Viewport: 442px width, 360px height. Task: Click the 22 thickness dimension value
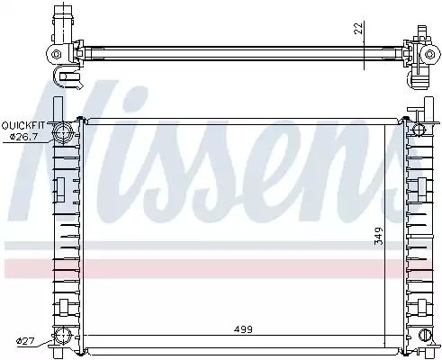(x=359, y=28)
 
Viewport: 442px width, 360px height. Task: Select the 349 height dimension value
(x=379, y=236)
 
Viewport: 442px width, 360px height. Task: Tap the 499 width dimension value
(x=243, y=329)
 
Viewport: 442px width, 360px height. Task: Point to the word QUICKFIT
(x=23, y=125)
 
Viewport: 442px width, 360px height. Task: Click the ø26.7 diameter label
(x=23, y=137)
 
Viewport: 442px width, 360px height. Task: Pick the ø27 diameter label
(x=26, y=341)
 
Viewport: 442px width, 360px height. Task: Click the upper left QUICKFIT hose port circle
(x=63, y=132)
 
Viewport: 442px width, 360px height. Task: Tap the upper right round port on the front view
(x=419, y=130)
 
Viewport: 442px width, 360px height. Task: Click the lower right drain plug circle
(x=425, y=335)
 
